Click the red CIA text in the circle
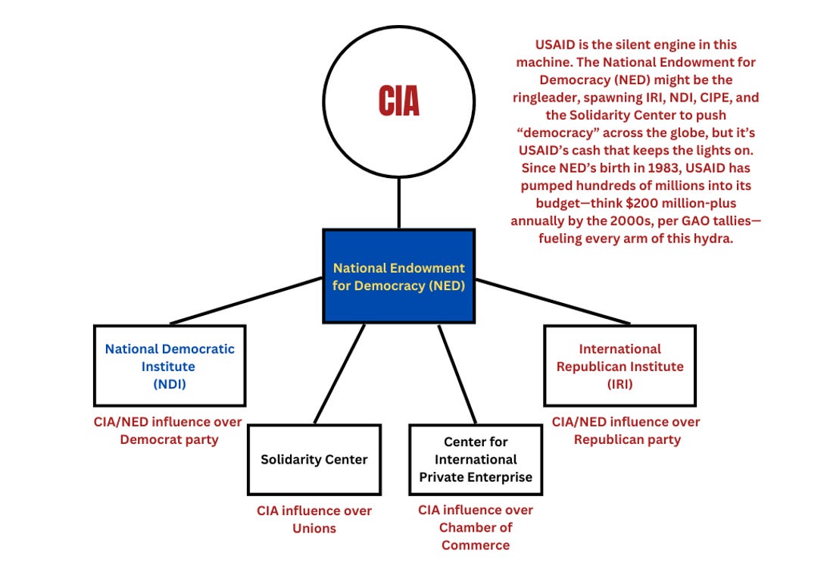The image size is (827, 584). click(399, 101)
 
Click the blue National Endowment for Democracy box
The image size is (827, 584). click(399, 276)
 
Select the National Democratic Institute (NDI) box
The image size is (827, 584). click(170, 366)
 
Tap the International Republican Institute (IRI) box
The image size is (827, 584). click(619, 366)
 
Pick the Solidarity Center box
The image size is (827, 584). click(314, 459)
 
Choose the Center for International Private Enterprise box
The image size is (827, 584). click(476, 459)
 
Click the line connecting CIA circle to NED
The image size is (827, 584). click(399, 203)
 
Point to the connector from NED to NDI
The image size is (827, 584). click(246, 301)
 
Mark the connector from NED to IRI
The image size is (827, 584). click(553, 301)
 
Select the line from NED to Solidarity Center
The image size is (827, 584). click(339, 373)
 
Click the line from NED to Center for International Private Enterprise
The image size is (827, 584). click(457, 373)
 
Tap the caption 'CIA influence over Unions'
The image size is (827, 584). click(314, 519)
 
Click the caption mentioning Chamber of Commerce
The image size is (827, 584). click(476, 527)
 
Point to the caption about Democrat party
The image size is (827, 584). click(169, 430)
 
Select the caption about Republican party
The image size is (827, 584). click(626, 430)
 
